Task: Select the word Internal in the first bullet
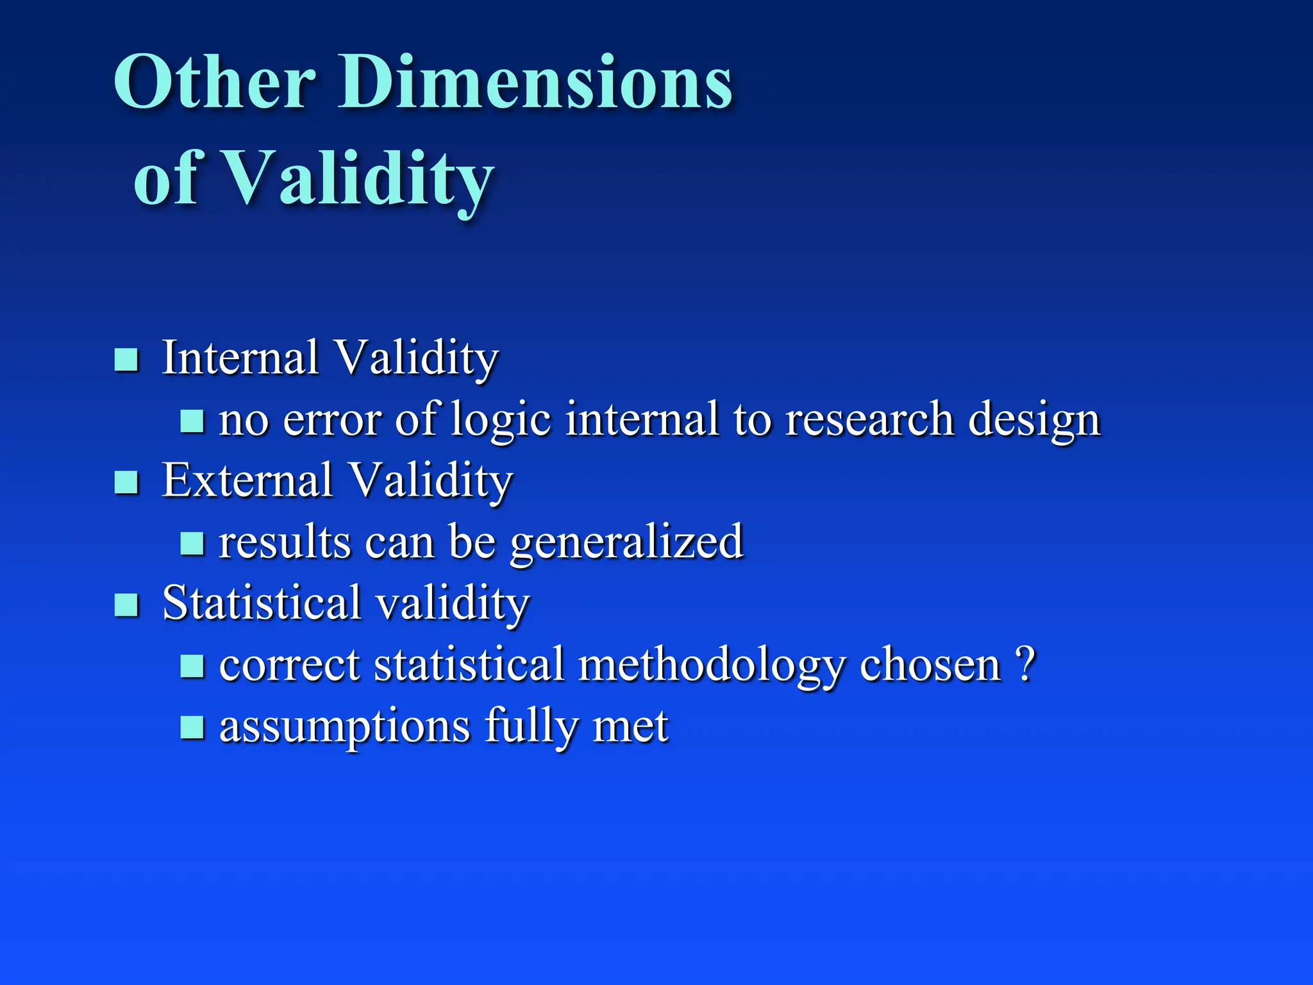pos(240,357)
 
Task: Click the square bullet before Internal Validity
pos(126,360)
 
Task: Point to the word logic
pos(501,420)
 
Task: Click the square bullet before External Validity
pos(126,482)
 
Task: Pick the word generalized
pos(626,543)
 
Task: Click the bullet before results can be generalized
pos(192,544)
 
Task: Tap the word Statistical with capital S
pos(262,603)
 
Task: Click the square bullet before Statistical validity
pos(126,605)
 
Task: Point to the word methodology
pos(711,666)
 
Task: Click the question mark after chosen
pos(1024,664)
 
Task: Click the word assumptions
pos(344,727)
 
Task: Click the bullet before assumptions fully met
pos(192,728)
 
